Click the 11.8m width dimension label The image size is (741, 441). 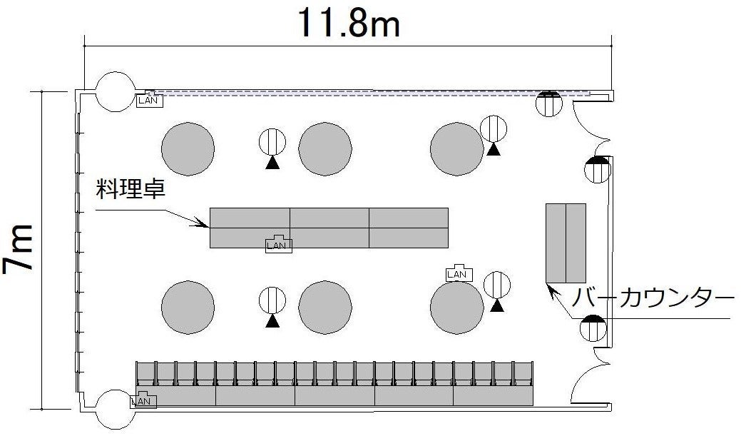[x=349, y=23]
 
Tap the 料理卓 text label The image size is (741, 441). [x=131, y=188]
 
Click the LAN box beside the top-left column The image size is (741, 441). [x=150, y=101]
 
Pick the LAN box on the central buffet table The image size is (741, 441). [x=279, y=244]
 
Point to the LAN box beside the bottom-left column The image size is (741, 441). [x=143, y=400]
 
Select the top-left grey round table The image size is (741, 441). [x=188, y=148]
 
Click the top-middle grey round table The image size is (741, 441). [x=325, y=148]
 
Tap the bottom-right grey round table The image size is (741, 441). [x=457, y=308]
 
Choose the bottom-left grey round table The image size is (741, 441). [x=188, y=308]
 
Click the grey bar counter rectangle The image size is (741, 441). [x=566, y=243]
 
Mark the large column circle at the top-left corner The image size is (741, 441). [x=116, y=92]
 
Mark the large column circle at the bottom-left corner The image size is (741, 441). [x=116, y=410]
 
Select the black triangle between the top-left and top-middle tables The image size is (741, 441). [x=272, y=163]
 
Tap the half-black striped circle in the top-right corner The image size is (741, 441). [x=548, y=103]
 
